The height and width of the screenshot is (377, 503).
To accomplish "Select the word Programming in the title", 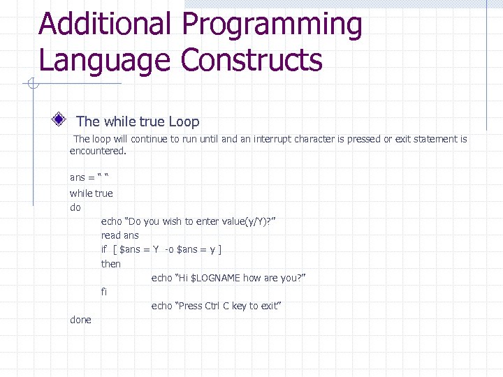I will tap(272, 26).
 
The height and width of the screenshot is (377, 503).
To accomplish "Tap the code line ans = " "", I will tap(91, 177).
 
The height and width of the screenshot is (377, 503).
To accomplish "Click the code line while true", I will tap(91, 193).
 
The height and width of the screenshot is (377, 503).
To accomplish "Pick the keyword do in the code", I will tap(75, 207).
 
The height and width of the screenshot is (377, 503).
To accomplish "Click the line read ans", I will tap(120, 235).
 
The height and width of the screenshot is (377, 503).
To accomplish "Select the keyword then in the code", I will tap(111, 264).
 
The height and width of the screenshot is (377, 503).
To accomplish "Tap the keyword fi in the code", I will tap(104, 292).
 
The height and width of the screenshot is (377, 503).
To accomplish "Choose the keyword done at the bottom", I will tap(80, 320).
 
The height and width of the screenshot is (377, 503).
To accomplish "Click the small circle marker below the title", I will tap(33, 85).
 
